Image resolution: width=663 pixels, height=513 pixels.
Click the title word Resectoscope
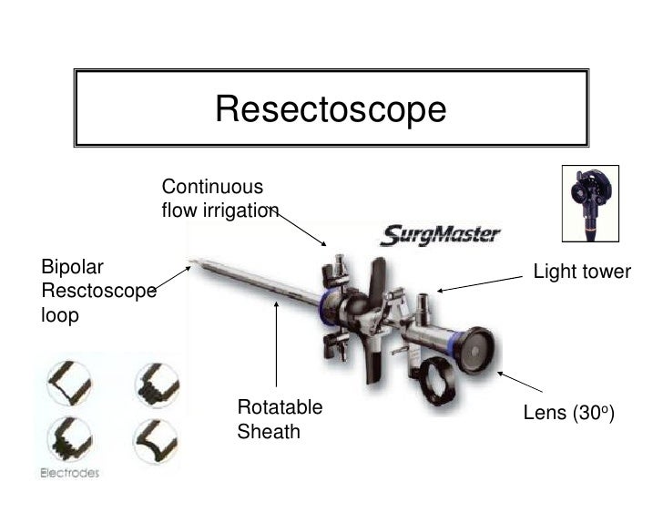(x=331, y=110)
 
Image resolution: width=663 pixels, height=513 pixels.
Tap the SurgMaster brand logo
(x=441, y=235)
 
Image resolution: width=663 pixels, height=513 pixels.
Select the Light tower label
(x=582, y=272)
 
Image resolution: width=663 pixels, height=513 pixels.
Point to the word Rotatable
(x=280, y=406)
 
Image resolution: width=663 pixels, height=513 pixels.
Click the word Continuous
(x=212, y=187)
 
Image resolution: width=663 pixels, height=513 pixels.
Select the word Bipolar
(x=73, y=268)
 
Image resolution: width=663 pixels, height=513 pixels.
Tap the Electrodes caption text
(x=69, y=473)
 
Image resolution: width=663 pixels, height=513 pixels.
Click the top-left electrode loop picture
(x=67, y=381)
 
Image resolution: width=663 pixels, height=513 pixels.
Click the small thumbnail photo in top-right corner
(x=589, y=204)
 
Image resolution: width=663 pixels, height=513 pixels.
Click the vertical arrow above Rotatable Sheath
(x=276, y=346)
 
